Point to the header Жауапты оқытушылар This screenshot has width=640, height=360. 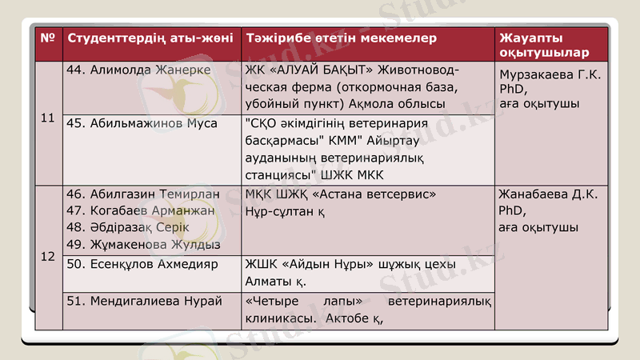544,46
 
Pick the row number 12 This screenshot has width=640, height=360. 47,256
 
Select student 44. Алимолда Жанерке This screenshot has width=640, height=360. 138,70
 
